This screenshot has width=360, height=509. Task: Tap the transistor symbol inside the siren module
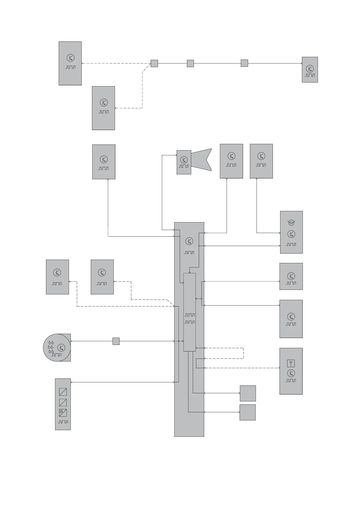[184, 160]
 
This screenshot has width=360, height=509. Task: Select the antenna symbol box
[291, 363]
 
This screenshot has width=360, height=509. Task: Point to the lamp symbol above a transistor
[291, 223]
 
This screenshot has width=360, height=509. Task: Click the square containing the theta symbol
[63, 413]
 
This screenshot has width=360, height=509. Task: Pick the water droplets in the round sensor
[51, 347]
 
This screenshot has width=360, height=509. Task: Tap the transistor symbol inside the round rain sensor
[61, 348]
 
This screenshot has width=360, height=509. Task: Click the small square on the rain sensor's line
[116, 341]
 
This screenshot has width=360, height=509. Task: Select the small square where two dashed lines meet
[154, 63]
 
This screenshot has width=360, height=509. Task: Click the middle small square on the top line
[190, 63]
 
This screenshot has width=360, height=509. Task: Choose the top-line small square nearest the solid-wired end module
[244, 63]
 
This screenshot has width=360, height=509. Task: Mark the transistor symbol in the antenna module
[291, 373]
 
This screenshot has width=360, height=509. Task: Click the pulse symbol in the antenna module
[291, 381]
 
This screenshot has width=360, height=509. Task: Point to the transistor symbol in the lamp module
[291, 234]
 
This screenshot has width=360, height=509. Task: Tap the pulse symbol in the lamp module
[291, 244]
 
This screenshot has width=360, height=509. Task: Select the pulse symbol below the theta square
[63, 422]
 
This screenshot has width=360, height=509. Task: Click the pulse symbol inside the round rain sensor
[57, 355]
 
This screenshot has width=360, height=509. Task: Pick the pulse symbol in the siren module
[184, 166]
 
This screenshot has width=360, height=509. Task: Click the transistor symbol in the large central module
[189, 241]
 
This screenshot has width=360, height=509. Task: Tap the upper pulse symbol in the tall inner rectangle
[190, 315]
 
